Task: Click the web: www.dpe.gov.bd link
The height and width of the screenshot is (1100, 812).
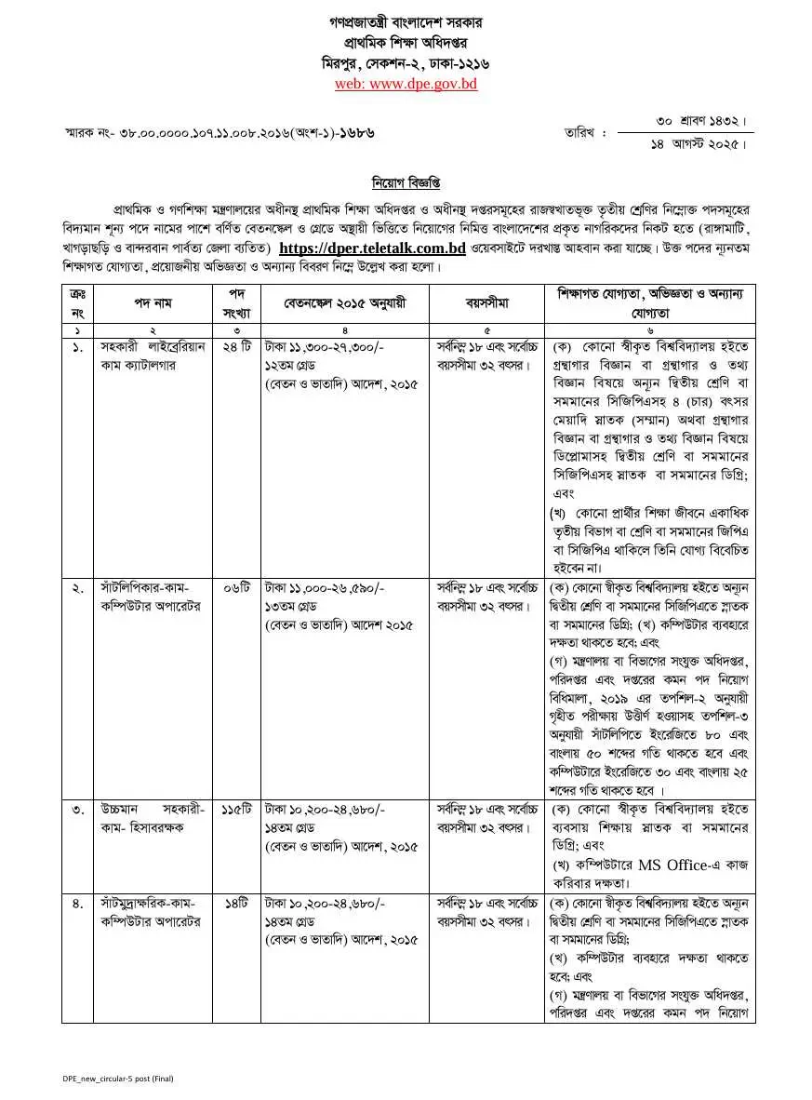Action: [406, 84]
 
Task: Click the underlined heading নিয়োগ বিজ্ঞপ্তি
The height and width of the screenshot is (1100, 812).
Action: [406, 180]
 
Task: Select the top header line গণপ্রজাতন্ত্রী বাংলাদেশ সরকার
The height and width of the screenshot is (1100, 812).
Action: [406, 21]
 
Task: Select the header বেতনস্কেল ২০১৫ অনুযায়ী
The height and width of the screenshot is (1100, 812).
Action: [345, 303]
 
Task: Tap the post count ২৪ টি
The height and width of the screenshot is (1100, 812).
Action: [237, 347]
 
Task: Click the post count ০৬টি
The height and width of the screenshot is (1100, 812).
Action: [237, 588]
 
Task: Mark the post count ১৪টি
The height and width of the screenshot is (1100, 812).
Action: [237, 903]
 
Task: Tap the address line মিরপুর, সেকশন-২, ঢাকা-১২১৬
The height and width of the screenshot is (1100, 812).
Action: [406, 63]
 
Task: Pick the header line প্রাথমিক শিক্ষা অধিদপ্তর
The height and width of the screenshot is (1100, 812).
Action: [406, 43]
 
